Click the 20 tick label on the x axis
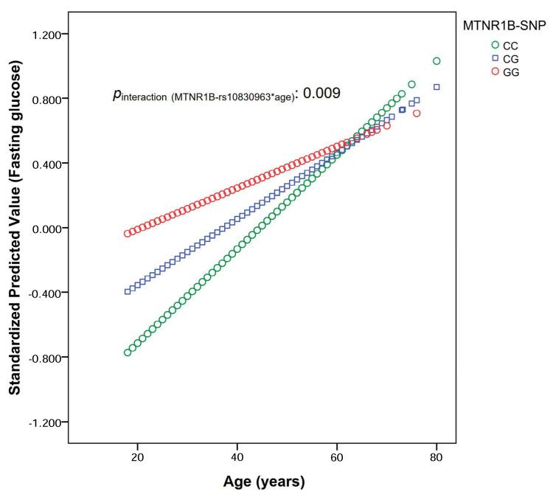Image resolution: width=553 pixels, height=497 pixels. [x=137, y=457]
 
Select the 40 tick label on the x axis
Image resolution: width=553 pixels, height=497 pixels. [x=237, y=457]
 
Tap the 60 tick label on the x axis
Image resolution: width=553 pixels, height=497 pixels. [x=337, y=457]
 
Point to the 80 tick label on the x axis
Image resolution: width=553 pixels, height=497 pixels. [x=437, y=457]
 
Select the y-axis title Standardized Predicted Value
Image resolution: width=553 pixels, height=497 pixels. [x=15, y=228]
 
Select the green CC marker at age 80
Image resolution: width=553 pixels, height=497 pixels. [x=437, y=61]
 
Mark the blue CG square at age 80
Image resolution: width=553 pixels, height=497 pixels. [x=437, y=87]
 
